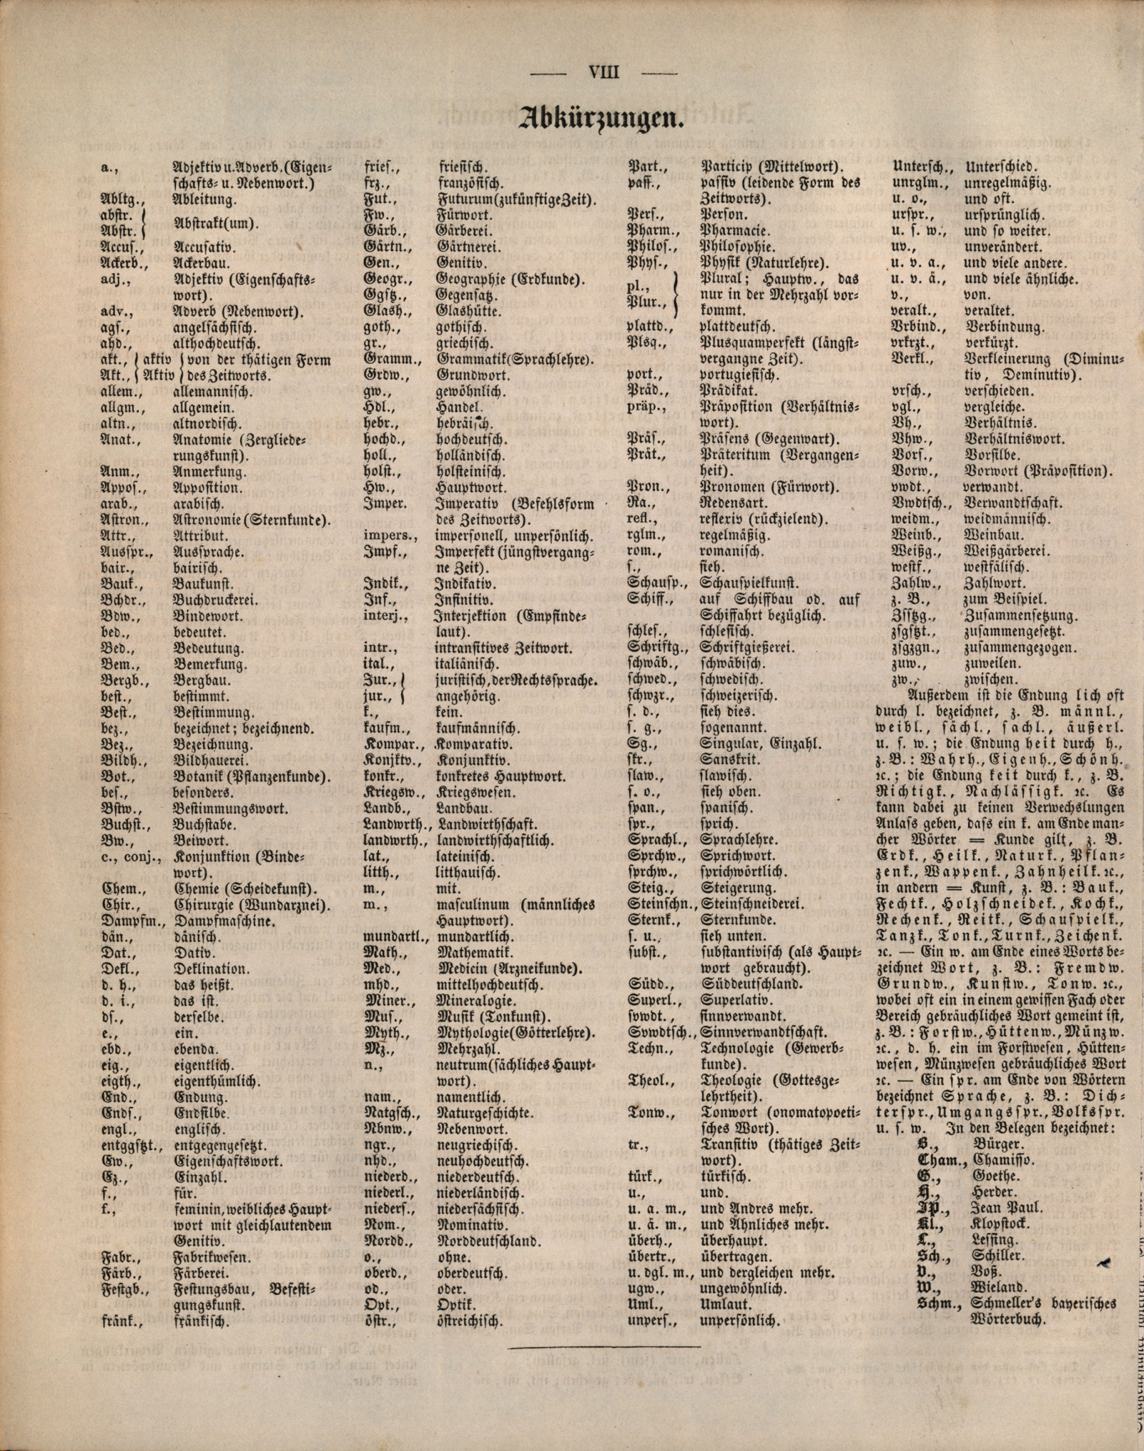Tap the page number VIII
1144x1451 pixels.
coord(603,72)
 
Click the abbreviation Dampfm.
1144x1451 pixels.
coord(122,921)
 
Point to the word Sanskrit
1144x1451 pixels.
coord(728,760)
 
